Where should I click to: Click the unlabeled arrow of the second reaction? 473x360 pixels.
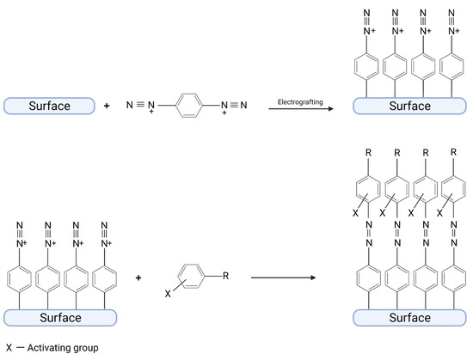(281, 278)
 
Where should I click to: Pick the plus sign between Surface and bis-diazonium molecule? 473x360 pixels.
(108, 107)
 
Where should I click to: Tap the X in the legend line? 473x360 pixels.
(9, 348)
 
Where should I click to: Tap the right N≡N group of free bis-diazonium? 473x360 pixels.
(238, 107)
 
